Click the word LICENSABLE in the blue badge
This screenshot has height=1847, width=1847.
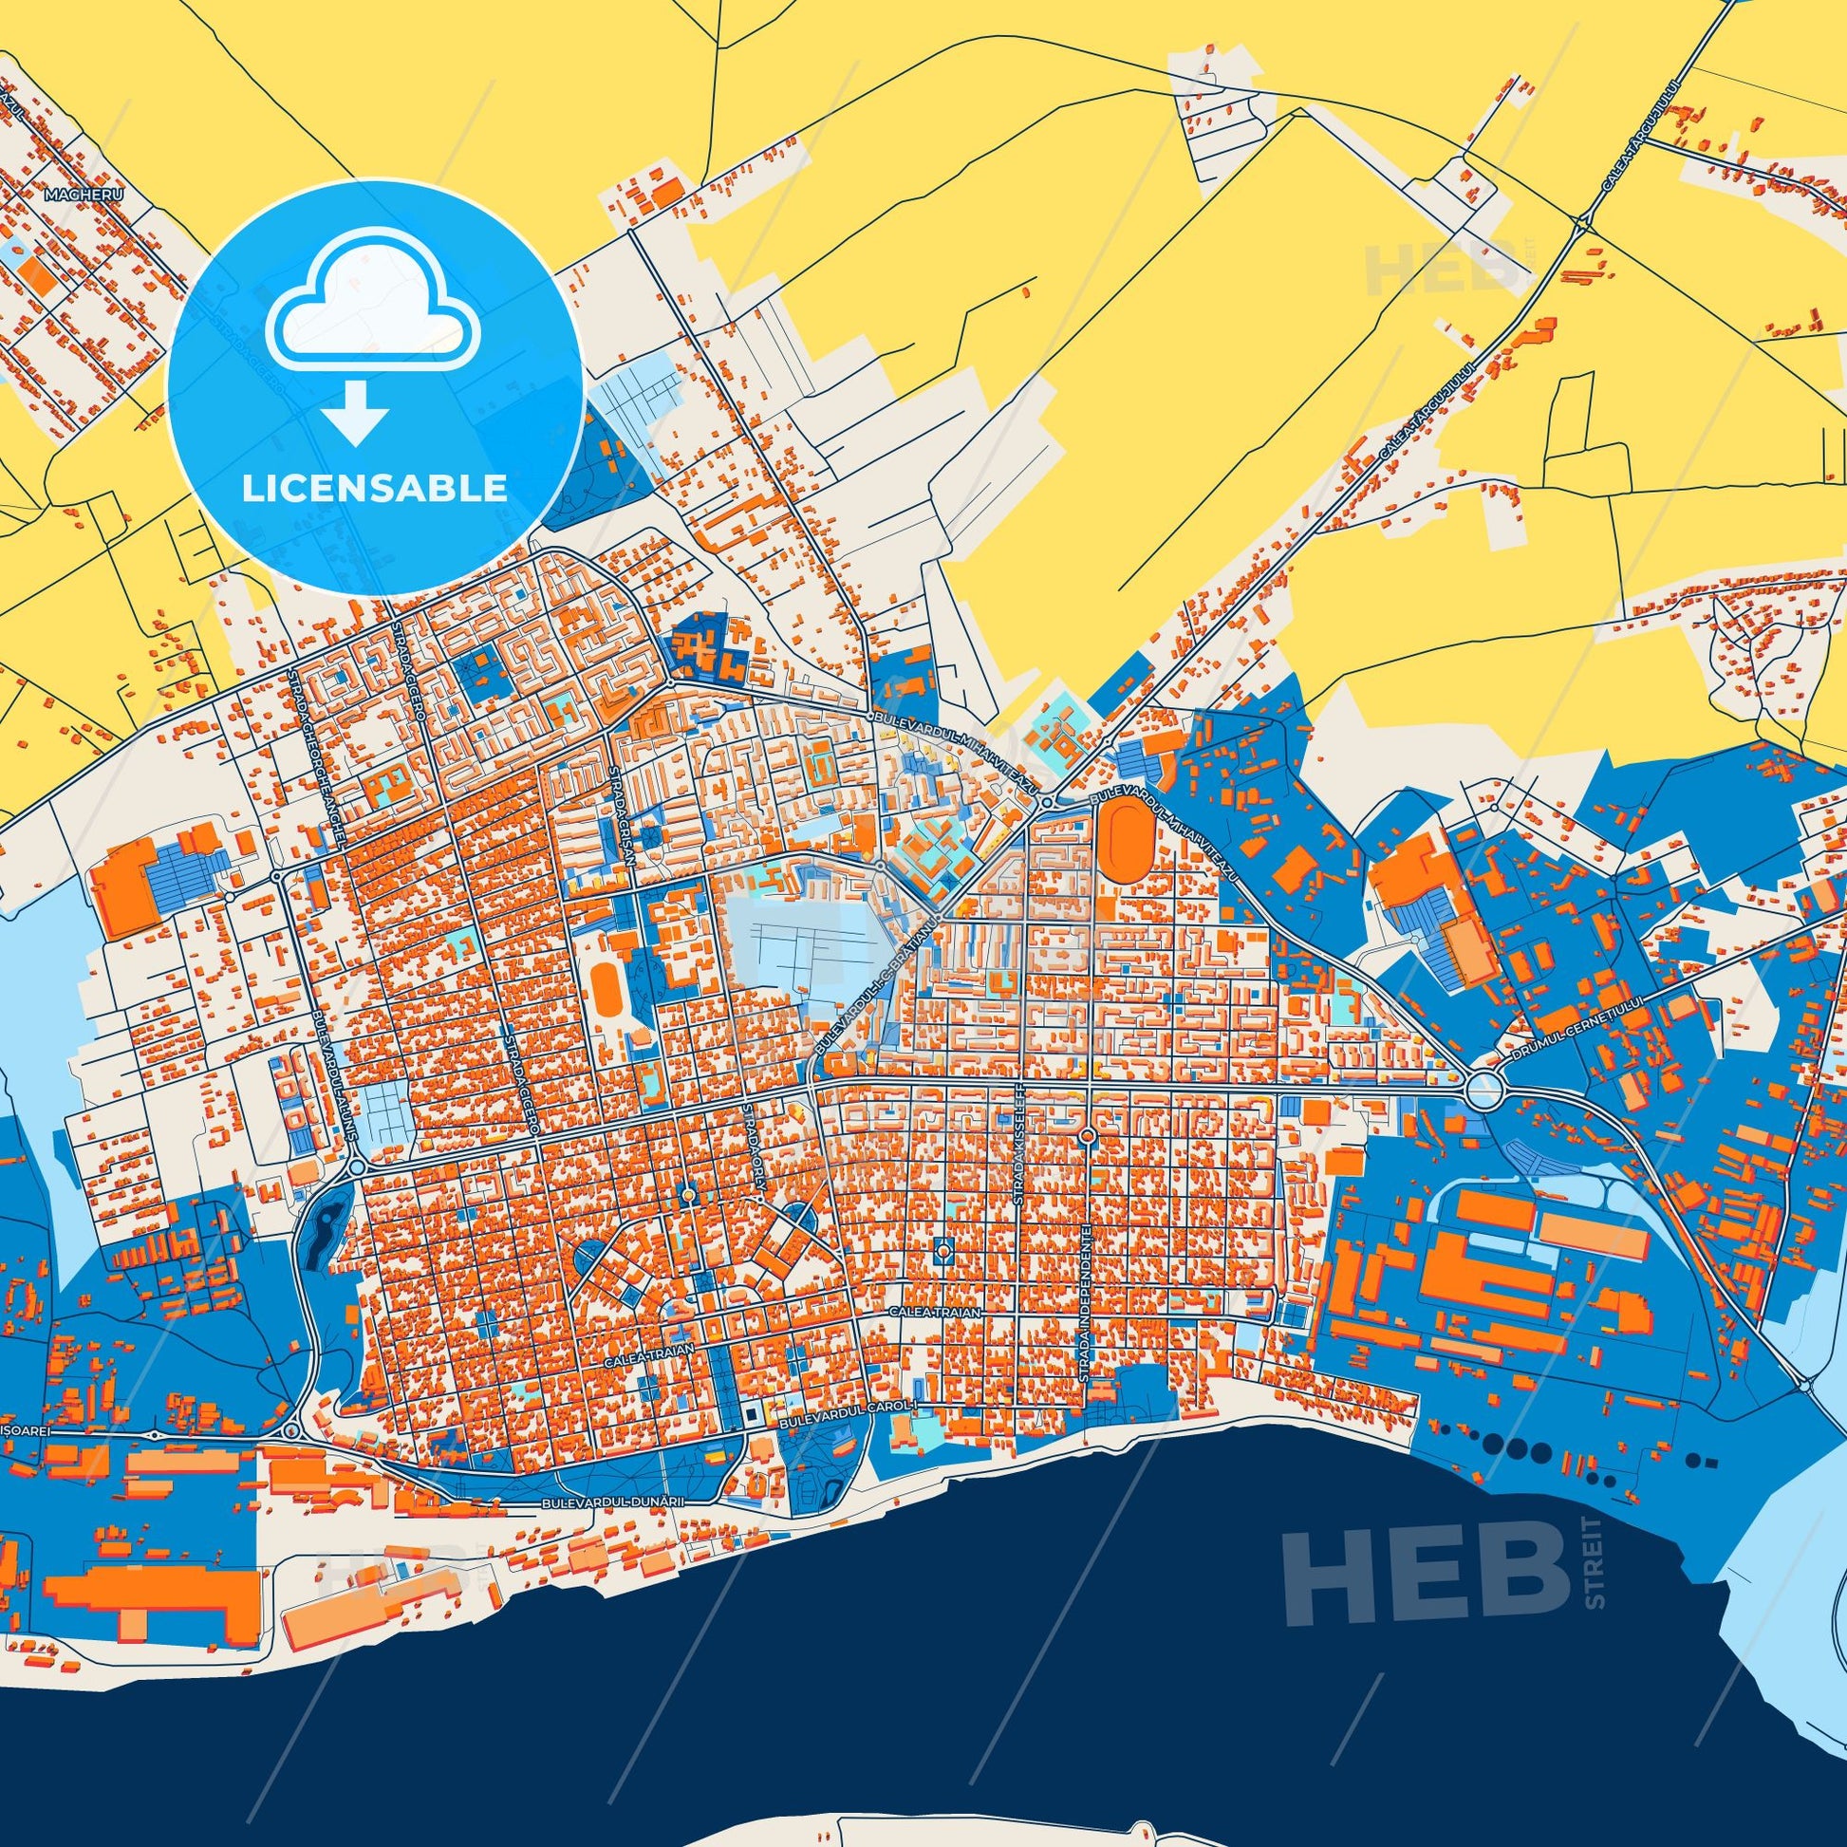coord(375,489)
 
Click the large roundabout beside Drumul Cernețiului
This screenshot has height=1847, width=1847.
coord(1483,1089)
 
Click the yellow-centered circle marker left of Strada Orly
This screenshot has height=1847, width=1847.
coord(687,1196)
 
